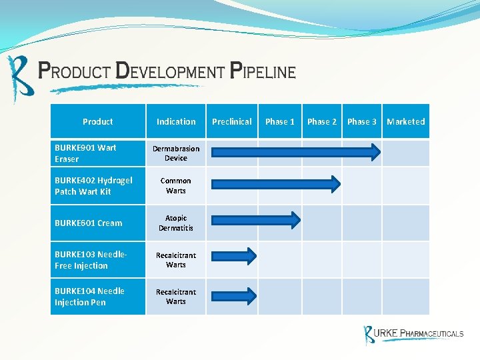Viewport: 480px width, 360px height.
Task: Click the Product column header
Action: tap(98, 121)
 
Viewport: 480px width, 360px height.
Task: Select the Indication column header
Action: tap(176, 121)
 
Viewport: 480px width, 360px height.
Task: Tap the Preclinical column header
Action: tap(232, 121)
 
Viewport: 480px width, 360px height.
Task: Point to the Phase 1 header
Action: tap(280, 121)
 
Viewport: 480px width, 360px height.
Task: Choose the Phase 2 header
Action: tap(322, 121)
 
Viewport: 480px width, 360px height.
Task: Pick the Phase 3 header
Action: tap(362, 121)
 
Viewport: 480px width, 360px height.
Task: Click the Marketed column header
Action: tap(405, 121)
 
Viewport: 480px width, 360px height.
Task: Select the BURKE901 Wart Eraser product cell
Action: tap(97, 153)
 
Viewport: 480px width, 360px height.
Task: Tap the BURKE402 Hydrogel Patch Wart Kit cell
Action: tap(97, 186)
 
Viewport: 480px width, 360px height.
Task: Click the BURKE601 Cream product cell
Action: tap(97, 223)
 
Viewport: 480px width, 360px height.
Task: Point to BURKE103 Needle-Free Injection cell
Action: tap(97, 260)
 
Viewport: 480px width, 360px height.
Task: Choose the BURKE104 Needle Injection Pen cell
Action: tap(97, 297)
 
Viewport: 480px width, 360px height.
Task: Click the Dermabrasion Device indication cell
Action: tap(176, 153)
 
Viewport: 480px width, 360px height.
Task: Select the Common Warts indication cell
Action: tap(176, 186)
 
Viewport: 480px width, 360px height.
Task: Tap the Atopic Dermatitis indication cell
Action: tap(176, 223)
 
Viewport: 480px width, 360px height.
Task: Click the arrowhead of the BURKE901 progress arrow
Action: tap(374, 153)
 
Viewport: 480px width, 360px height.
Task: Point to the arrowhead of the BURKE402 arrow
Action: tap(333, 183)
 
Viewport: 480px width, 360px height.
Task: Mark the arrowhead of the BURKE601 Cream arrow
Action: tap(293, 220)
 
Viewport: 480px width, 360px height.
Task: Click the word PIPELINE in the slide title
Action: tap(263, 71)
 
